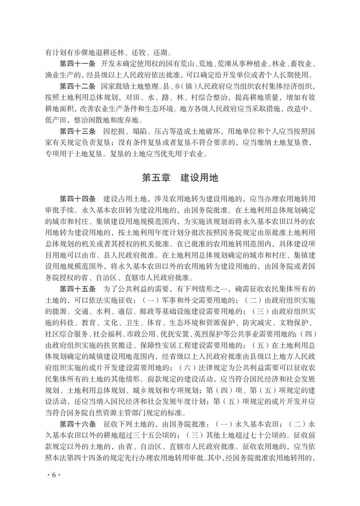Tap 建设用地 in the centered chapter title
200,178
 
